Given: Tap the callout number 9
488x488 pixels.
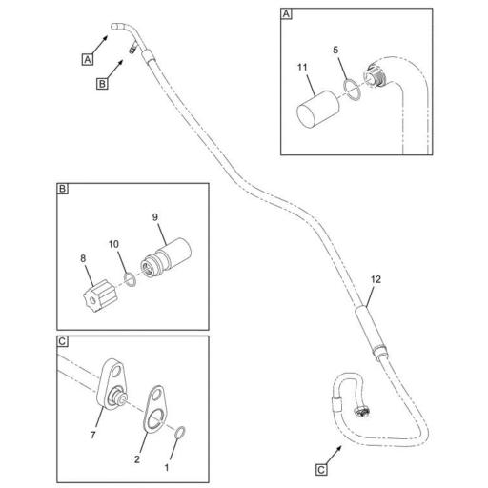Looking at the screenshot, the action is click(155, 216).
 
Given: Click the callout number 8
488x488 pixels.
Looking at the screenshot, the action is click(83, 257).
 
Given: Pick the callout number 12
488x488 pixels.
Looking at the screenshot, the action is click(376, 279).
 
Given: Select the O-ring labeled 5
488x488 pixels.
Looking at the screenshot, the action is click(352, 89).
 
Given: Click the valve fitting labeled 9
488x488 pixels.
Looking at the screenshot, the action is click(167, 258).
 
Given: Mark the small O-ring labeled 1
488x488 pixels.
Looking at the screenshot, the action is click(179, 435).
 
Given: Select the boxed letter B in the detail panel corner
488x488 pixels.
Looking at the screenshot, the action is click(62, 190).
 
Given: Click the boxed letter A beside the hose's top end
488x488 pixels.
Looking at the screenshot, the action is click(87, 58).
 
